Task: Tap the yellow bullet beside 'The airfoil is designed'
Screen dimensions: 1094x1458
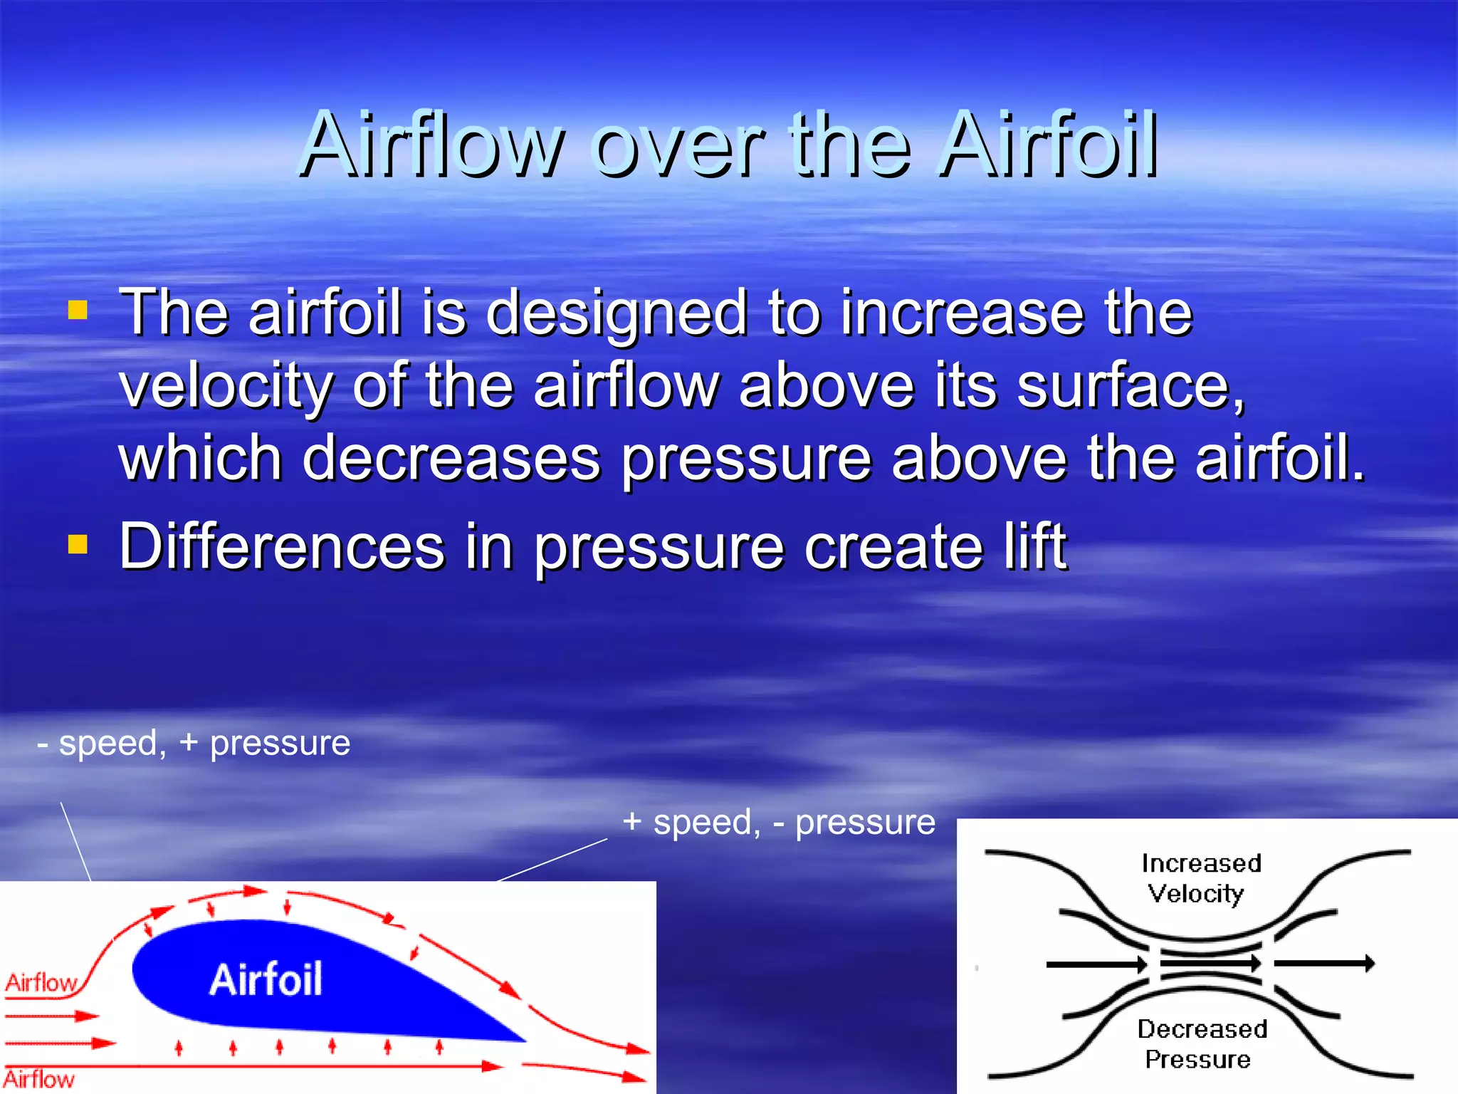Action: tap(78, 311)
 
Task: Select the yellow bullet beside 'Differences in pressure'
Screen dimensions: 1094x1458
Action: tap(78, 545)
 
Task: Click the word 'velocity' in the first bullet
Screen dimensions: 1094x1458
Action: tap(226, 386)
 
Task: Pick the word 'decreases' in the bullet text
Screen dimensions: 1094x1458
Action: tap(451, 459)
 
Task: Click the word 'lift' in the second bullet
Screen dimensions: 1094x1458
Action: tap(1034, 546)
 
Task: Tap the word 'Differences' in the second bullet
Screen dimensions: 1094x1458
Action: tap(282, 546)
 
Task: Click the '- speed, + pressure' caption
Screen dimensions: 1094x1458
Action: tap(194, 743)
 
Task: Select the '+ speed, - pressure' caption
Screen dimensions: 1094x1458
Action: tap(779, 822)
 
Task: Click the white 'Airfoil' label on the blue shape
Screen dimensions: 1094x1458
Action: tap(266, 979)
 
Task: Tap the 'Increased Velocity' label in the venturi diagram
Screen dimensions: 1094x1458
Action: tap(1200, 878)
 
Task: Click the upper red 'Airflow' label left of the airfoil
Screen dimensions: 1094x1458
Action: tap(41, 983)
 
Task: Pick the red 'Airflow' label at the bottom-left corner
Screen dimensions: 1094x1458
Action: tap(38, 1079)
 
